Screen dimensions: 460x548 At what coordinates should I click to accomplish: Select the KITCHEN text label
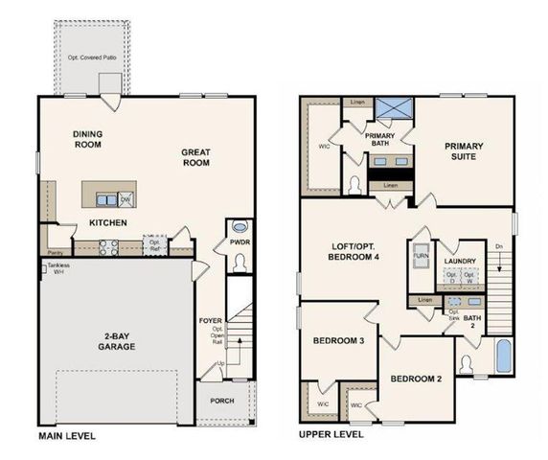coord(109,222)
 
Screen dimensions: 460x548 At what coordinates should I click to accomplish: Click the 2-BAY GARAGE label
coord(124,342)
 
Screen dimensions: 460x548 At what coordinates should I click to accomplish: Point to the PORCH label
coord(223,400)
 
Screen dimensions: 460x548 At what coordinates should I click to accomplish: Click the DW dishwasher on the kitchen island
coord(126,199)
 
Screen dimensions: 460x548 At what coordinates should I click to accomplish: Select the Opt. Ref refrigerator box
coord(154,245)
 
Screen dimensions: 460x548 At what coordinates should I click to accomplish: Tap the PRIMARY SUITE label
coord(464,152)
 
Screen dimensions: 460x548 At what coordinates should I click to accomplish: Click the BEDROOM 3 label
coord(338,340)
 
